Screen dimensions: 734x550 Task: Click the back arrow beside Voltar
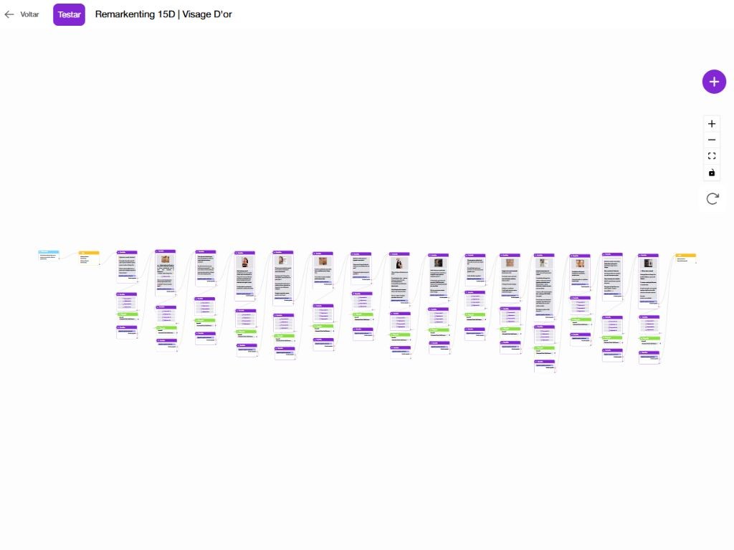click(9, 14)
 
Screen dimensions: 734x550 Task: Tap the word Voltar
click(29, 14)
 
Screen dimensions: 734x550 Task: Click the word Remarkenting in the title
click(125, 14)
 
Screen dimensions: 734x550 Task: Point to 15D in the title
click(166, 14)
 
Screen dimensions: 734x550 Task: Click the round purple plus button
click(713, 82)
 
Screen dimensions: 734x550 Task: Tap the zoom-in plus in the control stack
click(712, 124)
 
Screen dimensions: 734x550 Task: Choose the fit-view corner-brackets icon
click(712, 156)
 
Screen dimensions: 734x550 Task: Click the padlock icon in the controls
click(712, 173)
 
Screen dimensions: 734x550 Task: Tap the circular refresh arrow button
click(712, 199)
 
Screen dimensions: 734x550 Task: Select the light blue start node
click(49, 254)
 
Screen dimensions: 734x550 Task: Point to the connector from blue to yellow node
click(70, 256)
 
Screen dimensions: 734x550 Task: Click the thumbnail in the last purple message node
click(649, 264)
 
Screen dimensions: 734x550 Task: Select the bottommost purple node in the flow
click(544, 366)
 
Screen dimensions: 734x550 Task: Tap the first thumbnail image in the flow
click(166, 260)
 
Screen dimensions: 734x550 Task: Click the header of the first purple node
click(127, 252)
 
